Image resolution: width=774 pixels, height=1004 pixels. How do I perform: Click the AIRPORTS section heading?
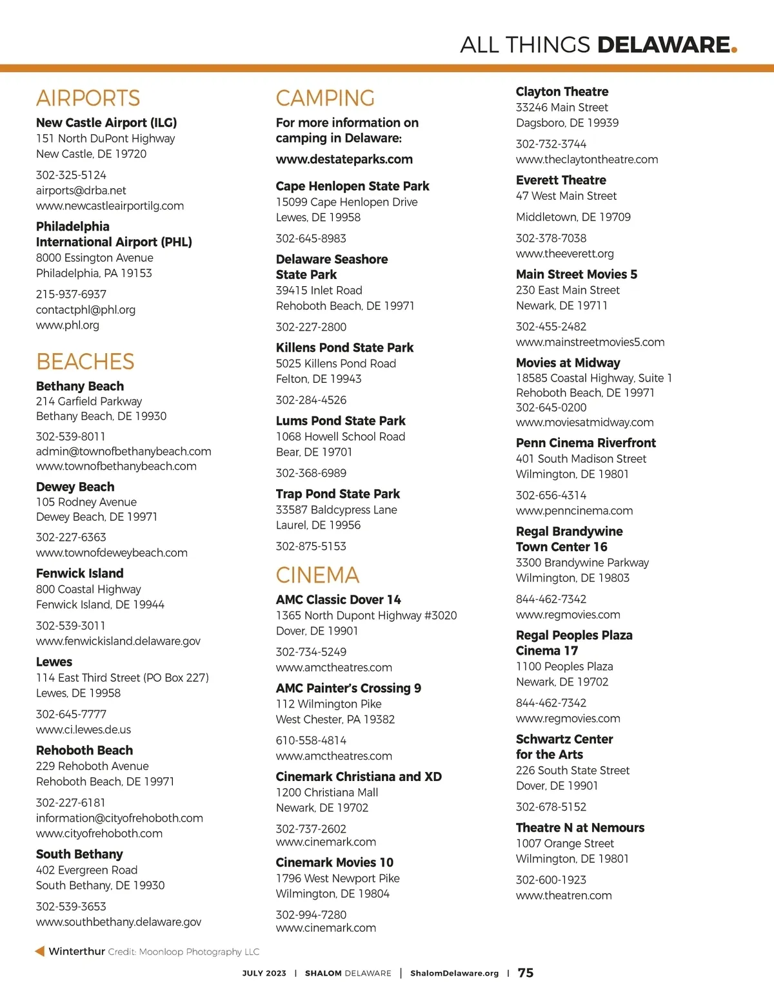point(88,98)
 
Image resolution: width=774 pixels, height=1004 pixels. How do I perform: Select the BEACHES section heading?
point(85,362)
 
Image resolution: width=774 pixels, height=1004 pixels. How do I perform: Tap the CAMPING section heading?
point(325,98)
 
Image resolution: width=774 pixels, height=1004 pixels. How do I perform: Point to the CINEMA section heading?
point(317,575)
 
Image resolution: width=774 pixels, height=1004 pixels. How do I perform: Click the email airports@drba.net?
point(81,190)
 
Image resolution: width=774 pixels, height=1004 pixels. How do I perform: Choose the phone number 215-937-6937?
point(71,294)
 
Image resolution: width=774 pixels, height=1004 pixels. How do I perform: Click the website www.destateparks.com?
point(344,159)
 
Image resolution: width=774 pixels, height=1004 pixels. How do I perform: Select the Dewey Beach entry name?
point(75,487)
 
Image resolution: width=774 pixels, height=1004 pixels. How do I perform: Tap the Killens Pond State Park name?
point(344,347)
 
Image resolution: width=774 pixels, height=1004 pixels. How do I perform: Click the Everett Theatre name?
point(561,180)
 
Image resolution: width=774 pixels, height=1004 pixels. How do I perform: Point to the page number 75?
point(526,972)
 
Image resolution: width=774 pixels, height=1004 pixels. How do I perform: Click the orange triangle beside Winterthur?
point(40,951)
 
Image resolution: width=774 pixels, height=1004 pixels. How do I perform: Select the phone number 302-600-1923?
point(551,880)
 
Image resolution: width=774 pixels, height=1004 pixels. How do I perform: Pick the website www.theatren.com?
point(564,895)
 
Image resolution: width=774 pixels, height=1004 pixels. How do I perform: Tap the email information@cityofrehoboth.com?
point(119,818)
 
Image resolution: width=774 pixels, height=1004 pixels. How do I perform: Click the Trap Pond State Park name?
point(338,494)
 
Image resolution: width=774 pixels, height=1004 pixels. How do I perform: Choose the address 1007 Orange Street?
point(564,843)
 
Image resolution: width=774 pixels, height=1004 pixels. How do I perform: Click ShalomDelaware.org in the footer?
point(454,973)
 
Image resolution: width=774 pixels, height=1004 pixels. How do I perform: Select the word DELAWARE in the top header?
point(663,44)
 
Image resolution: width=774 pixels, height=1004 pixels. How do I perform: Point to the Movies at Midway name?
point(568,363)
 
